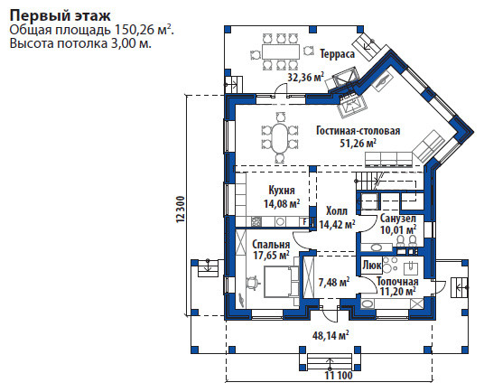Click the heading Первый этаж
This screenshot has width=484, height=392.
(x=60, y=15)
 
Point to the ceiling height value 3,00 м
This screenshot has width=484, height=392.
(x=129, y=43)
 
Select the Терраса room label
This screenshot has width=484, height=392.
(x=338, y=54)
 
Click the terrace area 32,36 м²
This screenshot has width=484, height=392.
(x=306, y=77)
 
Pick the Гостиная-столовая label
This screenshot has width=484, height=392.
(x=358, y=131)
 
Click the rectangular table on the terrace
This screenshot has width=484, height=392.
(x=281, y=51)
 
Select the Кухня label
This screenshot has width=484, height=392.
(x=282, y=191)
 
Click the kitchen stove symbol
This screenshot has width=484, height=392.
(x=256, y=221)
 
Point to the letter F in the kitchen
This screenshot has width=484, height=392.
(x=304, y=222)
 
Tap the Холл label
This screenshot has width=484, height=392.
(x=337, y=211)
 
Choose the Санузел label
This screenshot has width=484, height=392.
(x=398, y=219)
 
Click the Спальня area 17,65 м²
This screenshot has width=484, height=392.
(x=271, y=256)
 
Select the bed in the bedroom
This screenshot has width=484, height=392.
(x=281, y=282)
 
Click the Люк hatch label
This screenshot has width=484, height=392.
(x=372, y=266)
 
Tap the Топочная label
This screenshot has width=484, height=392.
(x=397, y=282)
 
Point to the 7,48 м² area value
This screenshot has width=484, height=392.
(x=334, y=283)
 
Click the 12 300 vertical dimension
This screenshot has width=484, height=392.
(x=181, y=210)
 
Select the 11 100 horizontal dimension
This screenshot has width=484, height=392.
(x=339, y=376)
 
